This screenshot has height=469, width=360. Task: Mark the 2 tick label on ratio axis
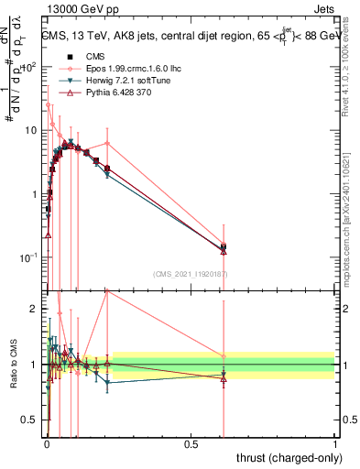[x=35, y=309]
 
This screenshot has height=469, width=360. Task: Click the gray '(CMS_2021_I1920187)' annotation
[x=190, y=273]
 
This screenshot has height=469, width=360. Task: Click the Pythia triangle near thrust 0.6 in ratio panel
[x=224, y=377]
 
